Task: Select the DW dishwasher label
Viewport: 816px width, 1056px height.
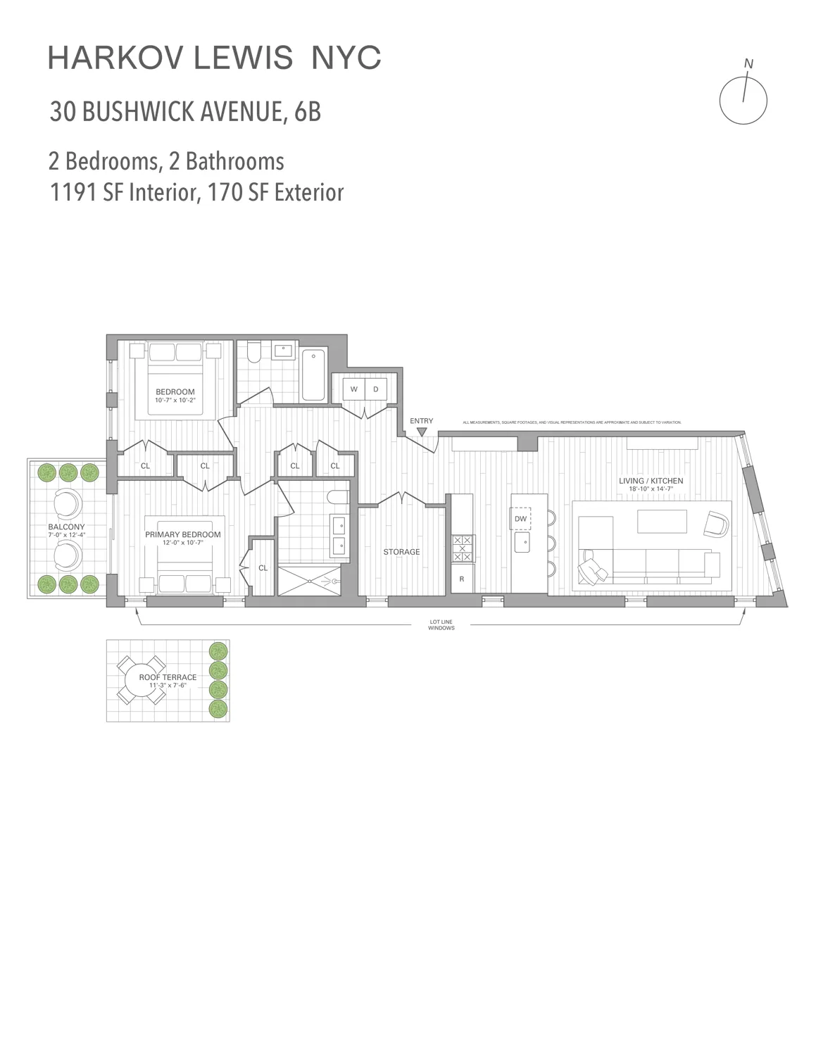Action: point(520,519)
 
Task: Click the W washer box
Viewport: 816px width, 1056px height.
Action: point(353,389)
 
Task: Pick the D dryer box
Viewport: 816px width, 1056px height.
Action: point(376,389)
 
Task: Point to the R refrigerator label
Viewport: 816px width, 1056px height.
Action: point(462,579)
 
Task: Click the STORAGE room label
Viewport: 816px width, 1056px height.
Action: point(401,552)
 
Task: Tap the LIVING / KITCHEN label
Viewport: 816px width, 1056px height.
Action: point(651,481)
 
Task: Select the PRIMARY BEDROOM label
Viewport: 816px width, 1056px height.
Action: point(183,534)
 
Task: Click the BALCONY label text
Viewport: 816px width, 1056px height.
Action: point(66,527)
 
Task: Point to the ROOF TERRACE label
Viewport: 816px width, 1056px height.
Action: point(168,677)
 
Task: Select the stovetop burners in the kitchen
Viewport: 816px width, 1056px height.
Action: point(463,548)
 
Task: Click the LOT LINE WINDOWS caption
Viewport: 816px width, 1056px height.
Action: point(441,624)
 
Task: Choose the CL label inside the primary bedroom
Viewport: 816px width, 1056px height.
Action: point(263,567)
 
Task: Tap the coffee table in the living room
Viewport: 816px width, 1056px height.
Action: point(662,522)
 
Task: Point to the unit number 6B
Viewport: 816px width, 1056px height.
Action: point(307,112)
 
